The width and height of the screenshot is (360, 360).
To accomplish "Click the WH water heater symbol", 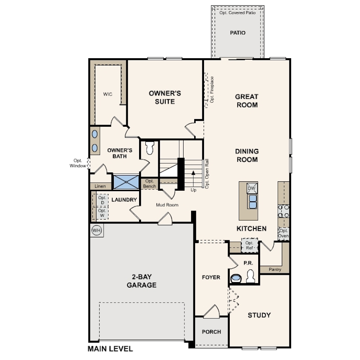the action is click(x=96, y=230).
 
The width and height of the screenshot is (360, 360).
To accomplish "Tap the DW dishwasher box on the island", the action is click(x=252, y=188).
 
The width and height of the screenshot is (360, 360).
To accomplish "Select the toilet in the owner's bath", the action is click(x=150, y=148).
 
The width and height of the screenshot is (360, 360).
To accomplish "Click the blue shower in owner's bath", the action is click(x=126, y=182).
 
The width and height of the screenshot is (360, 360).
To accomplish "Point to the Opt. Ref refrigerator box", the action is click(x=250, y=245).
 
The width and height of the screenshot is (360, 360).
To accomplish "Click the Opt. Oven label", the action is click(x=283, y=233).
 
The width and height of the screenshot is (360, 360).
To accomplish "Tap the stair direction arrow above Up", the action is click(x=193, y=179).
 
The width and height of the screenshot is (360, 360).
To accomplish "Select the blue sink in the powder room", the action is click(x=236, y=278).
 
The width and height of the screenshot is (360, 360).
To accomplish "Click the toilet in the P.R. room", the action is click(x=251, y=276).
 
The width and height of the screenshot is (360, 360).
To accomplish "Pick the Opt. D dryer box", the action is click(x=102, y=200).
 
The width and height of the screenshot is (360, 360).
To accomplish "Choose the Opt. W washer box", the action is click(x=102, y=213).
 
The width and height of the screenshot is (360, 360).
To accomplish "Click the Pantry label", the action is click(x=275, y=269).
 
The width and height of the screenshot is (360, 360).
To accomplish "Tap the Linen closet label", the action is click(x=100, y=186).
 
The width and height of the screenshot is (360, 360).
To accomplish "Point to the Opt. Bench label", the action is click(x=149, y=184).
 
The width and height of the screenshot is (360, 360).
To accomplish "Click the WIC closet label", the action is click(x=108, y=94).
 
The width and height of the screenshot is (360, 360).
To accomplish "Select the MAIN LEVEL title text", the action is click(x=110, y=349).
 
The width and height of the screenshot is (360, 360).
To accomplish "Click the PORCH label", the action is click(x=212, y=332).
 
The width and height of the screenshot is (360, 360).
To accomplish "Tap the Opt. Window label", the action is click(x=78, y=163).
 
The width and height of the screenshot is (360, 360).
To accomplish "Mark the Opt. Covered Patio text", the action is click(x=237, y=13).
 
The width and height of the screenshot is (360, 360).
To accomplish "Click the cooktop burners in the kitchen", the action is click(x=284, y=211).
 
